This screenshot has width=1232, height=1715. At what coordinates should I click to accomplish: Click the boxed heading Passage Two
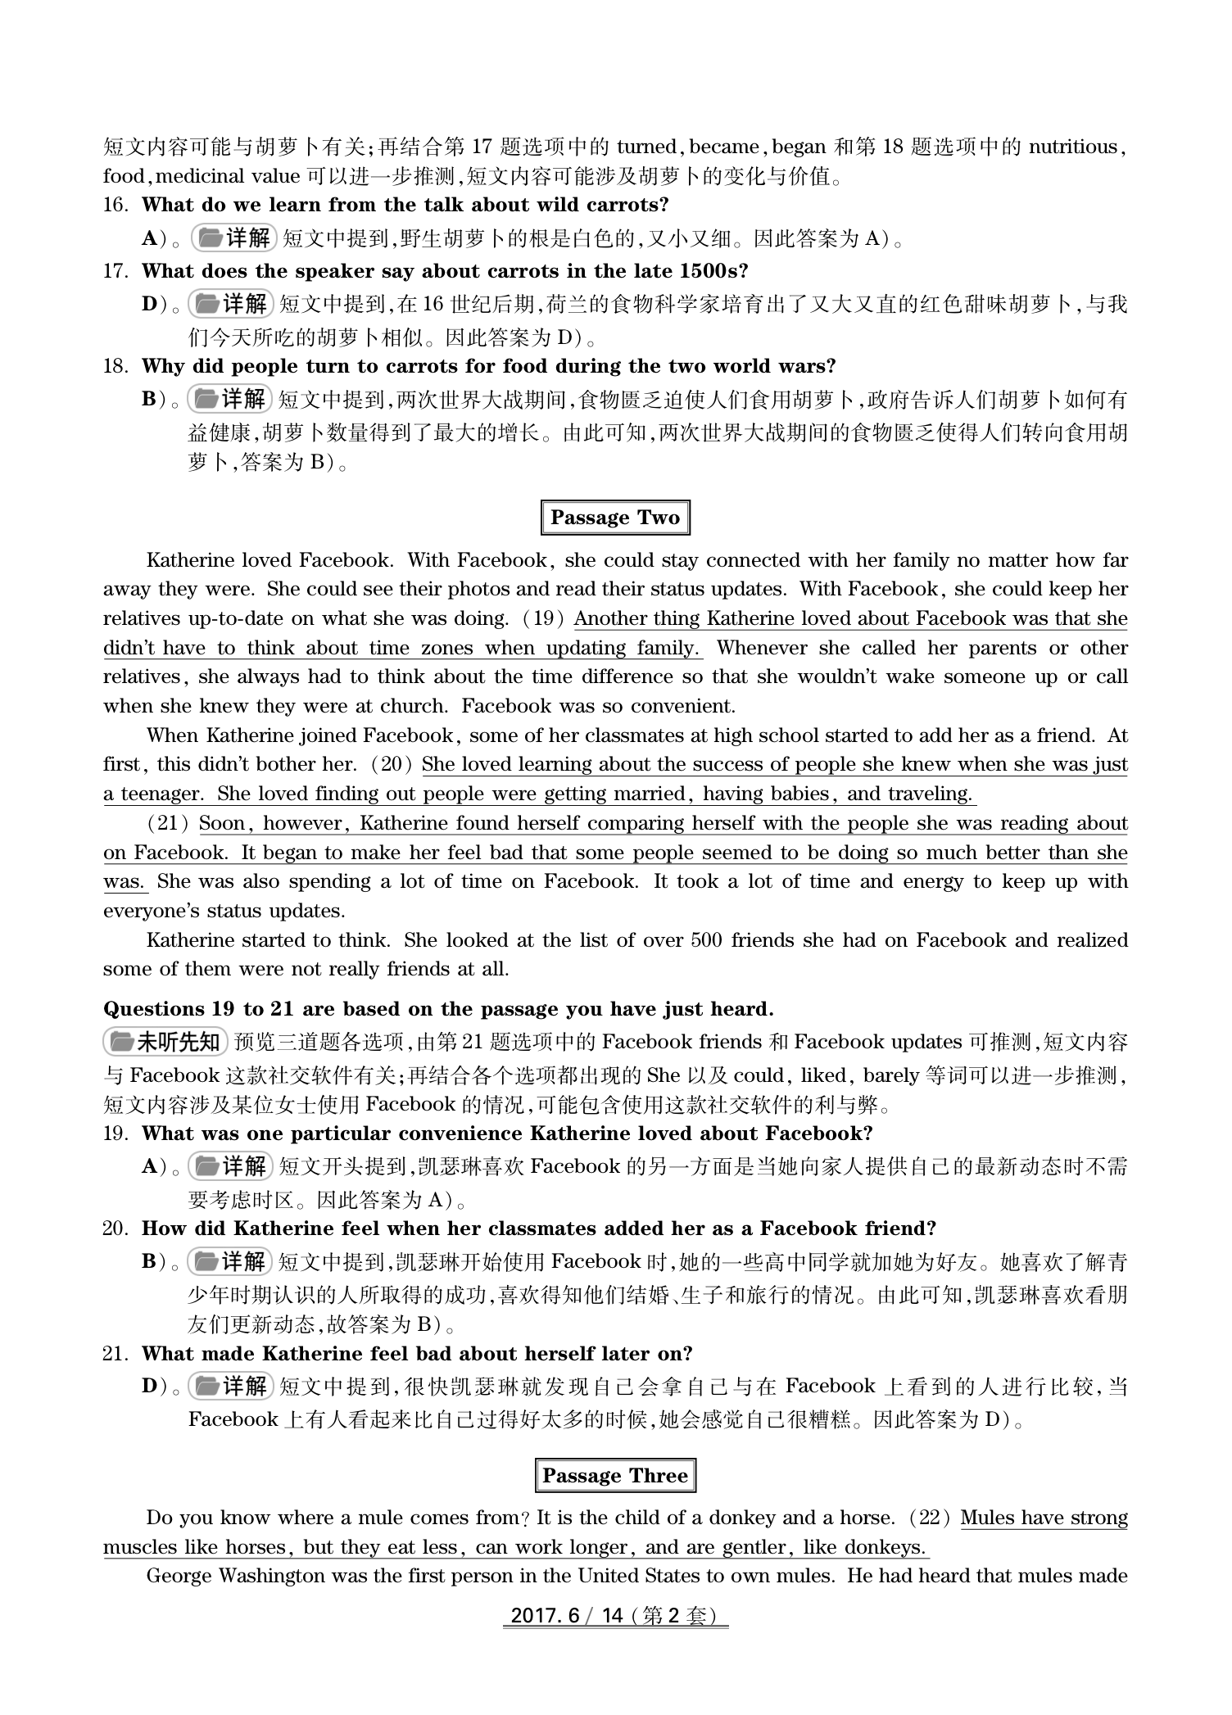(615, 518)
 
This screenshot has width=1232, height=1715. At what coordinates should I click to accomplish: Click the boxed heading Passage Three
(615, 1476)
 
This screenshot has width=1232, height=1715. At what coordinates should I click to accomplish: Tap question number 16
(115, 205)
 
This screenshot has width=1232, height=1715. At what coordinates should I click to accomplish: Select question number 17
(115, 271)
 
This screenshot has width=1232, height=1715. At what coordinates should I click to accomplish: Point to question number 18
(115, 366)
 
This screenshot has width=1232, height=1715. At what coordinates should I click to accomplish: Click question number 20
(115, 1229)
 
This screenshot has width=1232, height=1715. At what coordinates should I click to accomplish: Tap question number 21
(115, 1354)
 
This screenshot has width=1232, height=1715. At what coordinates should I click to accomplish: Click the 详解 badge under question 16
(235, 238)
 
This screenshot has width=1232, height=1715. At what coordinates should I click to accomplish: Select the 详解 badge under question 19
(232, 1165)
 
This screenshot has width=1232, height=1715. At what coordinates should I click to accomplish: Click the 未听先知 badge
(165, 1042)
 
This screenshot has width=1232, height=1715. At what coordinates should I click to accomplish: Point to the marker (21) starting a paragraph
(169, 823)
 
